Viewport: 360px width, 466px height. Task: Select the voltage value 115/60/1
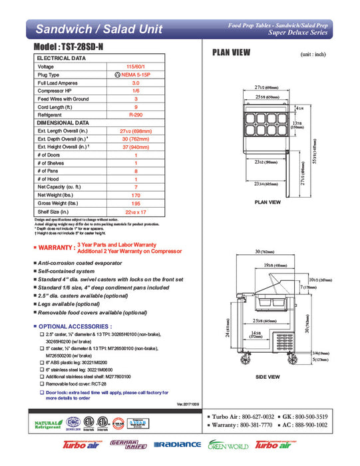pyautogui.click(x=135, y=67)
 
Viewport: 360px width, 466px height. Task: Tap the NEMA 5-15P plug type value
pyautogui.click(x=137, y=75)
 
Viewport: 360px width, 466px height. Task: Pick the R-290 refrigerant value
pyautogui.click(x=135, y=115)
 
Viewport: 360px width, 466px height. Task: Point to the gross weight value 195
pyautogui.click(x=135, y=202)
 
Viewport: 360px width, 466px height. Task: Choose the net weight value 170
pyautogui.click(x=135, y=194)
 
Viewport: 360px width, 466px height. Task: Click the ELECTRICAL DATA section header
pyautogui.click(x=61, y=59)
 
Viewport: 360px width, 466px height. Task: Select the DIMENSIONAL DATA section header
pyautogui.click(x=63, y=122)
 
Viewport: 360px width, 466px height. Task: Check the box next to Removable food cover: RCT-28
pyautogui.click(x=41, y=384)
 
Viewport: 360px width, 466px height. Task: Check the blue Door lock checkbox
pyautogui.click(x=41, y=392)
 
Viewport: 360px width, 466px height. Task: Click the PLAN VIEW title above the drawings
pyautogui.click(x=231, y=53)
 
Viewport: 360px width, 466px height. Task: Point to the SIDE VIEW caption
pyautogui.click(x=268, y=377)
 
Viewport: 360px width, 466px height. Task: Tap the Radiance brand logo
pyautogui.click(x=177, y=445)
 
